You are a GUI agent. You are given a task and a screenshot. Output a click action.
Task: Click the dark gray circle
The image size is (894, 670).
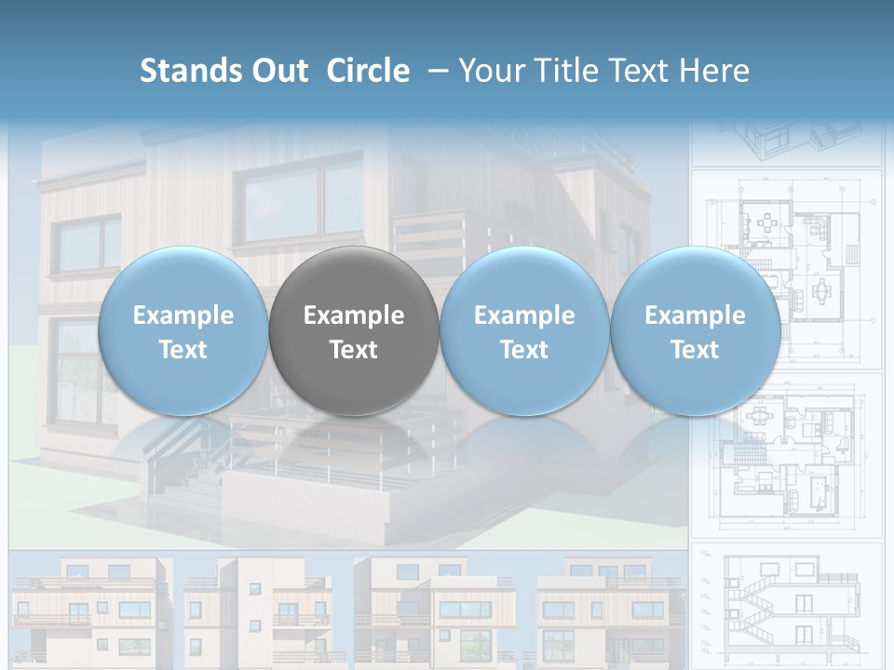tap(354, 331)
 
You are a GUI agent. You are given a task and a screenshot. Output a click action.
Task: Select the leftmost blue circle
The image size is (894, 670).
tap(183, 331)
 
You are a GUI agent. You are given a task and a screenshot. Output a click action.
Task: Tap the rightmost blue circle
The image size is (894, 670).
tap(695, 331)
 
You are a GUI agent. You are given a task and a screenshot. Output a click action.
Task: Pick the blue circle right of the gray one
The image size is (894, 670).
tap(524, 331)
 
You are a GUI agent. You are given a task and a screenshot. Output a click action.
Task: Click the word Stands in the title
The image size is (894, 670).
tap(189, 71)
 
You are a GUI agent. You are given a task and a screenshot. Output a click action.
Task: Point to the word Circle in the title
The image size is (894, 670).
tap(368, 71)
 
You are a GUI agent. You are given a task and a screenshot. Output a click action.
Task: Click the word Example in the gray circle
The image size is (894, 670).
tap(354, 315)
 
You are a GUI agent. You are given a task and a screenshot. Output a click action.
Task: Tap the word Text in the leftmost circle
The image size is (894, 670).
tap(183, 350)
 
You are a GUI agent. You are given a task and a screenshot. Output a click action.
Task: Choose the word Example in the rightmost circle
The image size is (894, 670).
tap(695, 315)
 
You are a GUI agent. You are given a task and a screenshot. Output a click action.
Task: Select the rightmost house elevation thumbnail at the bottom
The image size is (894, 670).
tap(610, 610)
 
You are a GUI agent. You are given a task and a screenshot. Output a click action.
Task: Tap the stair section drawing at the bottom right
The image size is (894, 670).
tap(787, 605)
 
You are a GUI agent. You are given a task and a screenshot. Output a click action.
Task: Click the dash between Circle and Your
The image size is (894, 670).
tap(433, 71)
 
